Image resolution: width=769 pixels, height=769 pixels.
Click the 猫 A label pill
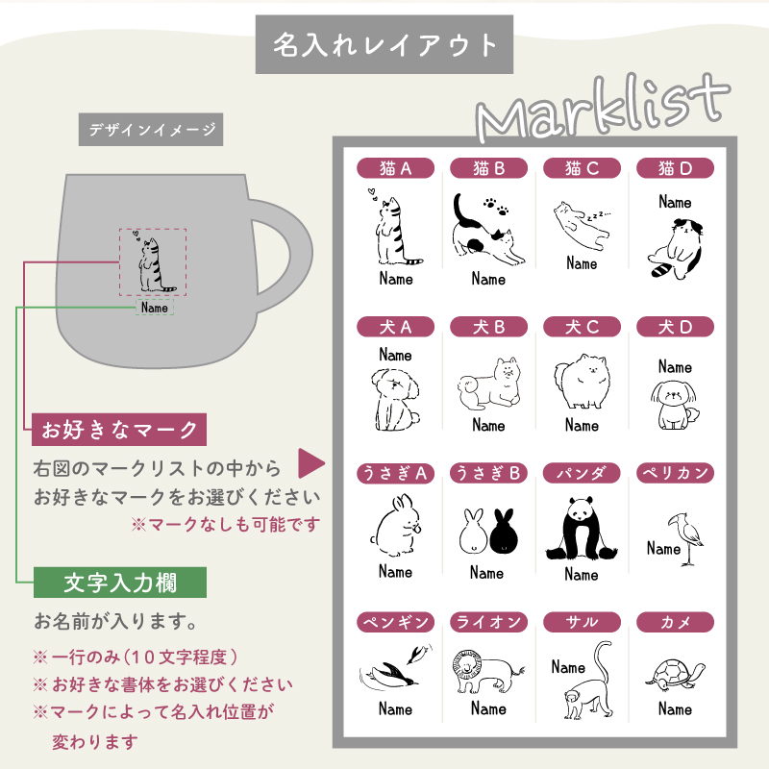395,168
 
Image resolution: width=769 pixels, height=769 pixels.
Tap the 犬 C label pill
582,327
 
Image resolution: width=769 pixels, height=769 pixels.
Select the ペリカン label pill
675,473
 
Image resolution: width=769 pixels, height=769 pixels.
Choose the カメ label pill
675,622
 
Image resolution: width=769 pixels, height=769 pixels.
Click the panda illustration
582,529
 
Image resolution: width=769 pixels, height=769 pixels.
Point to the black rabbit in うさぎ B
504,532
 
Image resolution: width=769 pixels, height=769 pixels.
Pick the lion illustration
487,670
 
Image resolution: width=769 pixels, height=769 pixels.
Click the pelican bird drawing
685,539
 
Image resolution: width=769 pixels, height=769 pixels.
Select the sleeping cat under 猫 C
582,226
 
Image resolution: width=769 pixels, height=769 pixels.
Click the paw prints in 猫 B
496,207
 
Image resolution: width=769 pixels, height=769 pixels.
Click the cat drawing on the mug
153,261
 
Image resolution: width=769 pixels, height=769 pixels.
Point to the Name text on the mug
155,308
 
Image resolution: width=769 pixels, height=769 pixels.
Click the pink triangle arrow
310,463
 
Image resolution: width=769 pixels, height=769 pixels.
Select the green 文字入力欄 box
119,583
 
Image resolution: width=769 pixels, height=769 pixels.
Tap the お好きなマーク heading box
118,430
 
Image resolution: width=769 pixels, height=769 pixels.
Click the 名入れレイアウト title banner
384,44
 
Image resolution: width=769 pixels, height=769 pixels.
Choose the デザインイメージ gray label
151,130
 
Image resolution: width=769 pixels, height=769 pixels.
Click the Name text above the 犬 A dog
395,355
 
